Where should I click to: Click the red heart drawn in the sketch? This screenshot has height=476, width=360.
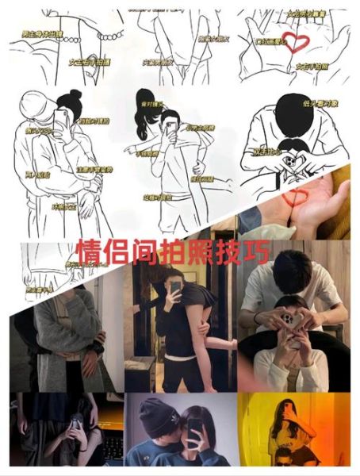click(297, 40)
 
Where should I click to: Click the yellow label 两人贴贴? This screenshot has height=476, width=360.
click(38, 172)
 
